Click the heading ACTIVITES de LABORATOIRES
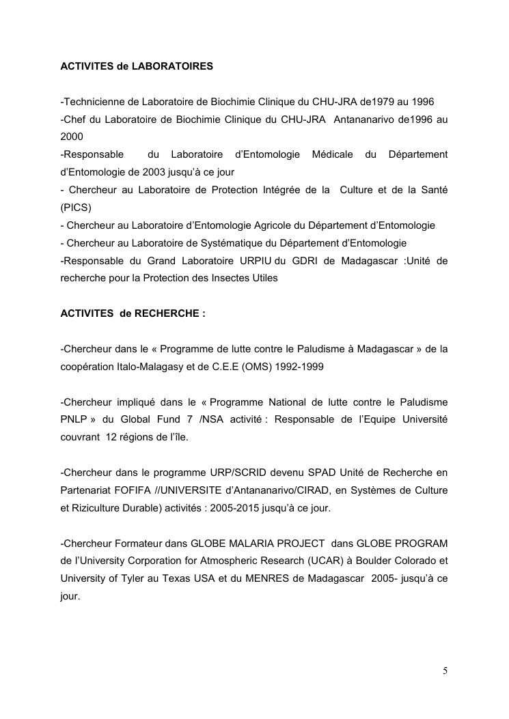tap(137, 66)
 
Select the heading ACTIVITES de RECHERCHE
tap(133, 313)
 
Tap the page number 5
tap(445, 671)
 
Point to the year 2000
tap(72, 137)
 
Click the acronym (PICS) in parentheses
tap(76, 208)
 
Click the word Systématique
tap(237, 243)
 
